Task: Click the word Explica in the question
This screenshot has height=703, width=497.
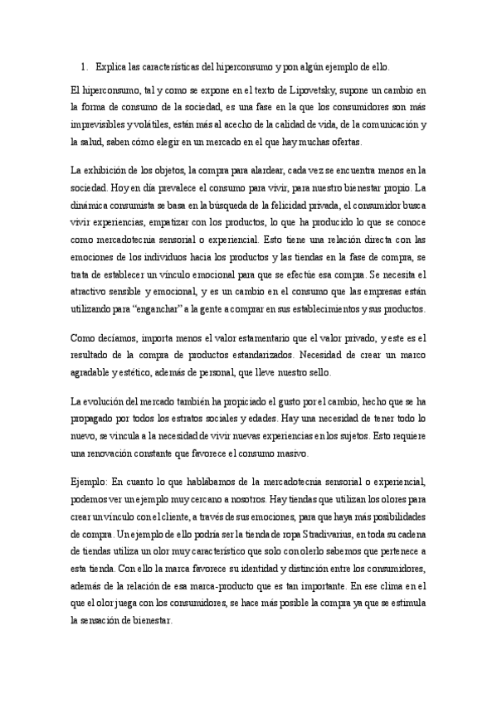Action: [x=112, y=66]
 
